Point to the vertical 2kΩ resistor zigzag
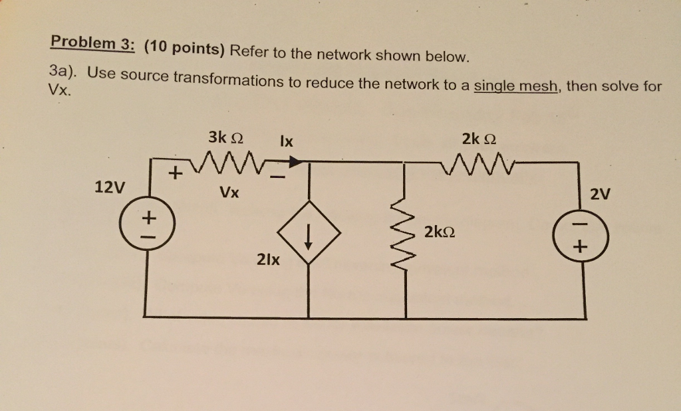[x=406, y=234]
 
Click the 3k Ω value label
[x=225, y=138]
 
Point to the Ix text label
[x=287, y=141]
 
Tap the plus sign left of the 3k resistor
[x=175, y=175]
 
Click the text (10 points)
[x=184, y=48]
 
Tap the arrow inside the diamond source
[x=308, y=236]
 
